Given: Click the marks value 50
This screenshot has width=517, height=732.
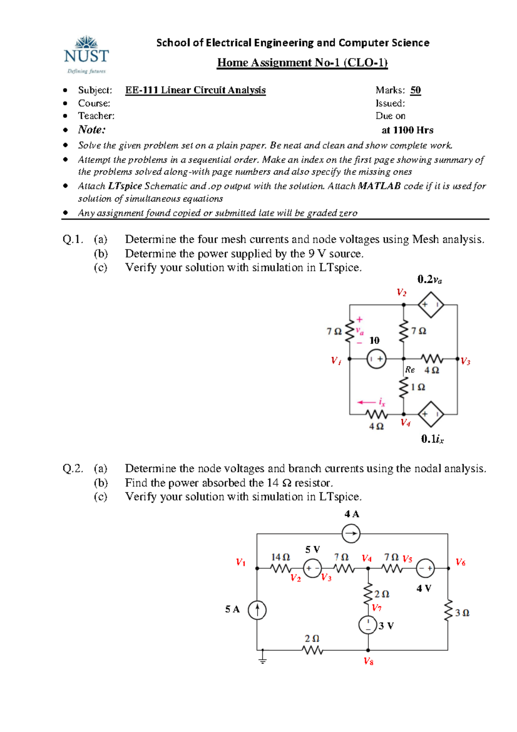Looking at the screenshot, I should pyautogui.click(x=415, y=90).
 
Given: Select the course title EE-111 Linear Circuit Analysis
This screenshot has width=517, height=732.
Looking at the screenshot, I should pyautogui.click(x=195, y=90).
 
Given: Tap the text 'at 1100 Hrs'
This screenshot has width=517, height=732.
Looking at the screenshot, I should pyautogui.click(x=407, y=130).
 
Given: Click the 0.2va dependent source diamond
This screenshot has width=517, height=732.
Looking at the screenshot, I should pyautogui.click(x=430, y=305).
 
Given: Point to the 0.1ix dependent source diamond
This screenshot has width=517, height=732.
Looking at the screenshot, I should pyautogui.click(x=430, y=414).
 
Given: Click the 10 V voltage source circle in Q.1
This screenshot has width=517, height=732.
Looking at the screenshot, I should pyautogui.click(x=376, y=359).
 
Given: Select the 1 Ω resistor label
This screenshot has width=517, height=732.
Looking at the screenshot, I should pyautogui.click(x=418, y=387).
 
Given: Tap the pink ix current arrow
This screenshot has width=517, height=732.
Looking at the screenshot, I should pyautogui.click(x=366, y=403).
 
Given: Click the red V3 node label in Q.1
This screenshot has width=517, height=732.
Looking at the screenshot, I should pyautogui.click(x=465, y=361).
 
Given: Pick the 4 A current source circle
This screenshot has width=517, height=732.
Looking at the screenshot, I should pyautogui.click(x=351, y=534).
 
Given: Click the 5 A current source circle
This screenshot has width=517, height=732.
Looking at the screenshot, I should pyautogui.click(x=257, y=610).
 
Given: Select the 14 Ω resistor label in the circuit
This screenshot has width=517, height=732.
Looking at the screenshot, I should pyautogui.click(x=280, y=557).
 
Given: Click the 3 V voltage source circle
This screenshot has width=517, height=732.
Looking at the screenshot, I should pyautogui.click(x=368, y=625).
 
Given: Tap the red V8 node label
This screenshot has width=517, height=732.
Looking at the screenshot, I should pyautogui.click(x=368, y=661).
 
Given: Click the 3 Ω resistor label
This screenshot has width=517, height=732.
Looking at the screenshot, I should pyautogui.click(x=462, y=613).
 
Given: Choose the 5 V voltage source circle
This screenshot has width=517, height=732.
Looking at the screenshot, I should pyautogui.click(x=312, y=568).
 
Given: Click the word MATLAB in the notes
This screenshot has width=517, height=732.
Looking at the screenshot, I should pyautogui.click(x=379, y=186).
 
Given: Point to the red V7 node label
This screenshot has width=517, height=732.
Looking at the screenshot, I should pyautogui.click(x=377, y=608).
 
